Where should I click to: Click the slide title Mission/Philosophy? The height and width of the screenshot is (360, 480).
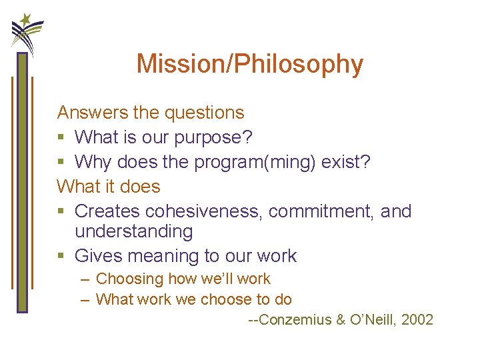249,64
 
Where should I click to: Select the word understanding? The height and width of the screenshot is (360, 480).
133,231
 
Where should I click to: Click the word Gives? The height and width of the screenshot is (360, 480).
99,255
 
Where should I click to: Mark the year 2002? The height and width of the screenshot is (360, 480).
418,320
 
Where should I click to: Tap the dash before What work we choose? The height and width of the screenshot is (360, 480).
85,299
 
